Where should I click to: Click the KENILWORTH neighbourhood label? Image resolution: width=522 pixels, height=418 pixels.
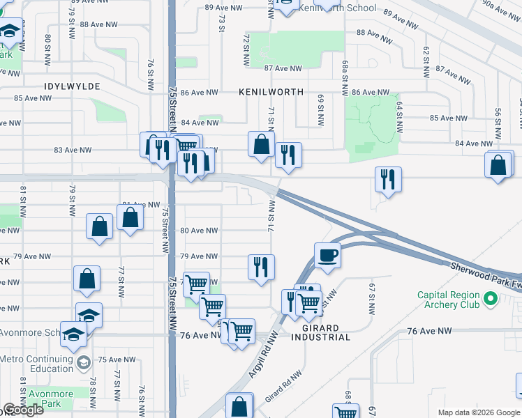point(271,92)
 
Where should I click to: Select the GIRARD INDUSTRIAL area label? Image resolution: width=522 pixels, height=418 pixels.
point(320,332)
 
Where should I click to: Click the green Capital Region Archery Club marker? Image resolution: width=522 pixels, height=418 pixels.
point(491,300)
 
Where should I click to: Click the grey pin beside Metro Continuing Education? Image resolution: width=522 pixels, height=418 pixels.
point(83,363)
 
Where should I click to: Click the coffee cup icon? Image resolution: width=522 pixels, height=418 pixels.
point(327,255)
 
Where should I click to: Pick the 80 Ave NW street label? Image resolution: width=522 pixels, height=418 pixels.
point(199,231)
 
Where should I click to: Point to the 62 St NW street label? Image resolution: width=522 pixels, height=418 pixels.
point(424,61)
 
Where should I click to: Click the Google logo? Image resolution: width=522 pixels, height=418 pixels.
point(23,410)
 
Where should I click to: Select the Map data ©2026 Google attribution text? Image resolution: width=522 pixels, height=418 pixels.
point(478,412)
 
